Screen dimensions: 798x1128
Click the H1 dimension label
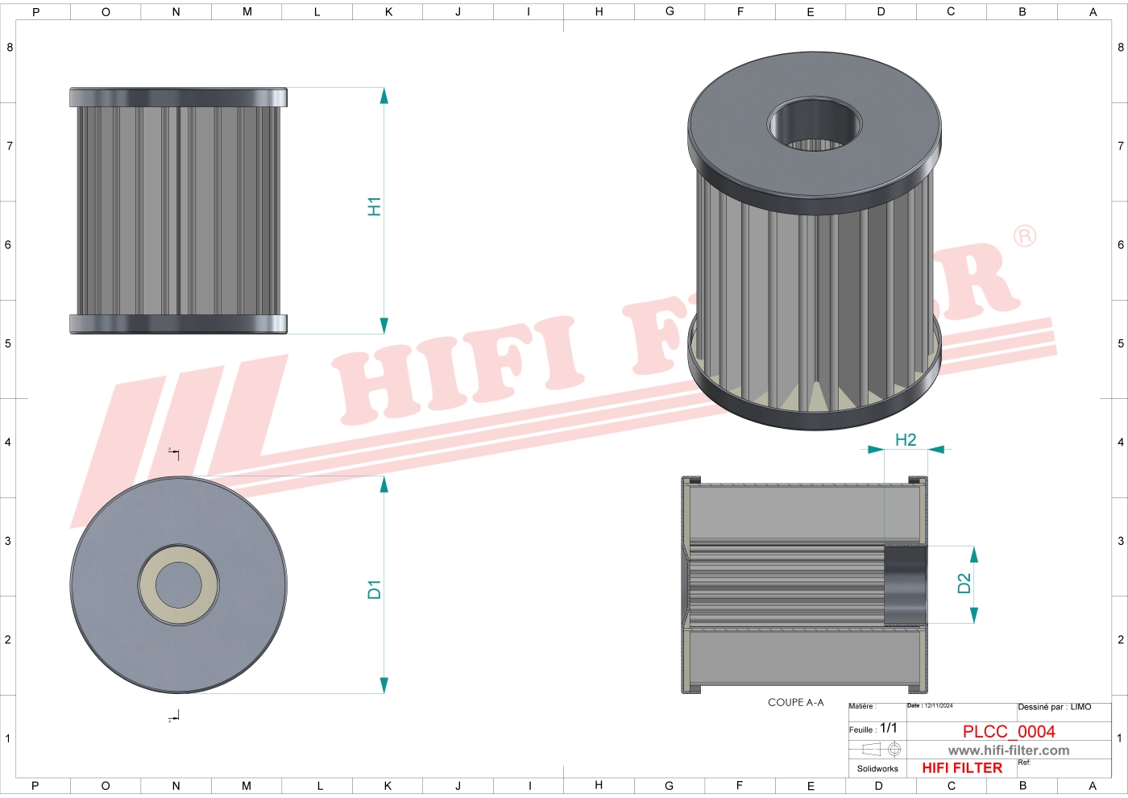click(374, 206)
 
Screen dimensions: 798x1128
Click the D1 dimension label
click(374, 589)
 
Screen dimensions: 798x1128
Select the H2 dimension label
click(906, 440)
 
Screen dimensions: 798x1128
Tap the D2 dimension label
click(964, 584)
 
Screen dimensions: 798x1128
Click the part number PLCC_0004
click(1009, 731)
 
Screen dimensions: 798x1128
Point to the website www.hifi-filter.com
click(1009, 750)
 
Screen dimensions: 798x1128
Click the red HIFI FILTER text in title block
click(962, 768)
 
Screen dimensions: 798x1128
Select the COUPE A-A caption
click(795, 703)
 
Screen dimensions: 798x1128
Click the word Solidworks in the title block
click(877, 769)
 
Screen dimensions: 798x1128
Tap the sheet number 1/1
click(888, 728)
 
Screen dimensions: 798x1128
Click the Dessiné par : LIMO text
click(1054, 707)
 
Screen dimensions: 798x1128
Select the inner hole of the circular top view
click(178, 585)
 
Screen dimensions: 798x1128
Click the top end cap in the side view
click(178, 98)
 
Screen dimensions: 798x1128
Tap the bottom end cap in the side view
click(178, 324)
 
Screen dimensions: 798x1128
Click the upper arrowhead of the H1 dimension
click(384, 96)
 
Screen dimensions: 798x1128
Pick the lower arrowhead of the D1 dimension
click(384, 685)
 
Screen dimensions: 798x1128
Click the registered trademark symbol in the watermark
click(1024, 236)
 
